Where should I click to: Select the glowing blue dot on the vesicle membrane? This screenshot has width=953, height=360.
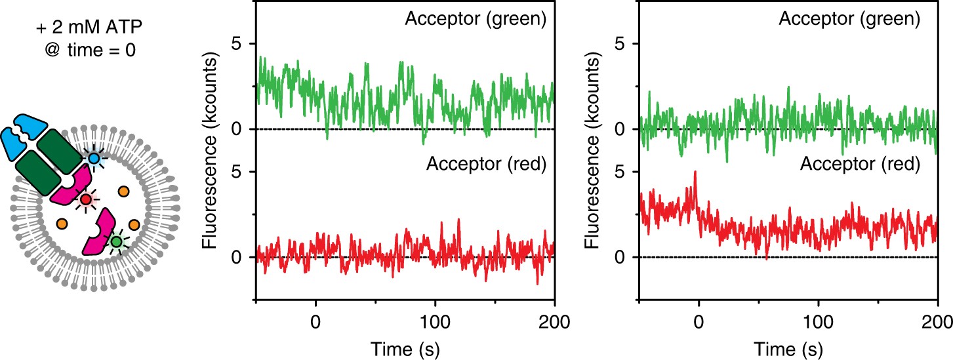(95, 159)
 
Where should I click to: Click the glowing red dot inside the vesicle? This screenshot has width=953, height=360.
(85, 199)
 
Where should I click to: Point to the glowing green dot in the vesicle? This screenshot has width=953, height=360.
(116, 242)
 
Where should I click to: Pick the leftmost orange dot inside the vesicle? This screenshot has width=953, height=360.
(62, 224)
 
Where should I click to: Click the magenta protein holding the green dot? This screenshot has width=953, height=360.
(100, 233)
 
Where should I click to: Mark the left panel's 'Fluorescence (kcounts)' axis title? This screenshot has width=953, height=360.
(210, 151)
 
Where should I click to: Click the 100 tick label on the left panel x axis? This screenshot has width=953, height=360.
(436, 323)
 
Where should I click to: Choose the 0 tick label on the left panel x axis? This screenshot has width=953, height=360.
(316, 323)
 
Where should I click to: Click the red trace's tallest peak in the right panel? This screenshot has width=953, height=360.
(695, 172)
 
